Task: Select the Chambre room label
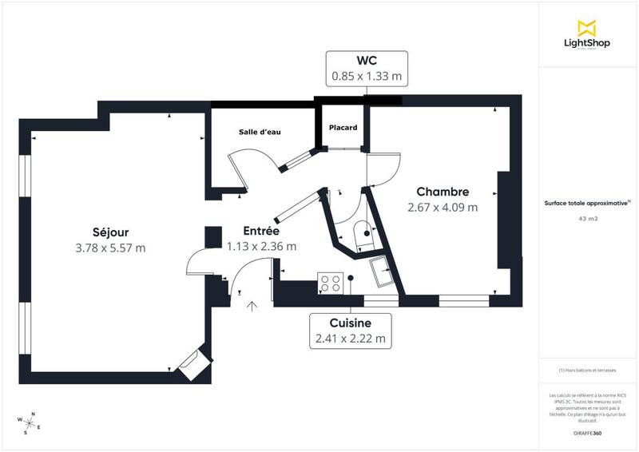tap(443, 192)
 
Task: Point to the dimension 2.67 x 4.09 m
tap(443, 208)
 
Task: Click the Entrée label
tap(260, 231)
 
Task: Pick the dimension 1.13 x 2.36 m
tap(260, 247)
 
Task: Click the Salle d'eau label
tap(260, 132)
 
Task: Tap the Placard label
tap(343, 128)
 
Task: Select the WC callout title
tap(367, 61)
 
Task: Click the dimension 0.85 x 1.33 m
tap(367, 77)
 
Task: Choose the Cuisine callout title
tap(350, 323)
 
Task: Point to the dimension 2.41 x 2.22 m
tap(350, 339)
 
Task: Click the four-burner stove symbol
tap(331, 283)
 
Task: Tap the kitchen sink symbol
tap(379, 271)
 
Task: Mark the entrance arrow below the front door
tap(253, 305)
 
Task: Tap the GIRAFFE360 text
tap(587, 432)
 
